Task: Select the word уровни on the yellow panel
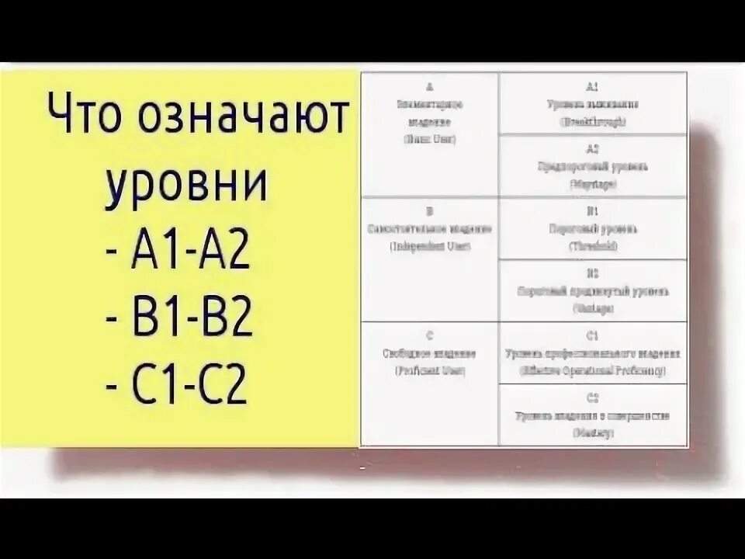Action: tap(186, 185)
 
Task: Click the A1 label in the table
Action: tap(593, 87)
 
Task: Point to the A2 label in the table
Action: tap(593, 149)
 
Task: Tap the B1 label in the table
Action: tap(593, 211)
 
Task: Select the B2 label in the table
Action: tap(593, 274)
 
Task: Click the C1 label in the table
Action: tap(593, 336)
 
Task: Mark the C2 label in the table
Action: tap(593, 398)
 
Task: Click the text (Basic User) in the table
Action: tap(430, 139)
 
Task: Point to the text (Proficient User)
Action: tap(430, 370)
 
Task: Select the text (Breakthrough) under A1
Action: tap(593, 121)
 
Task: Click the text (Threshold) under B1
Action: tap(593, 246)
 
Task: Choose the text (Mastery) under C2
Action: tap(593, 432)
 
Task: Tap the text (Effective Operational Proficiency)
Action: tap(593, 370)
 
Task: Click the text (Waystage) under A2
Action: tap(593, 184)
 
